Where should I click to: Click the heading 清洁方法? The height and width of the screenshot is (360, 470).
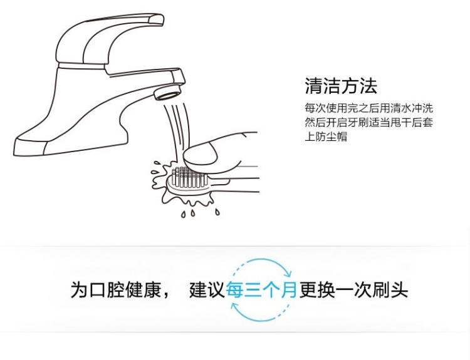click(341, 85)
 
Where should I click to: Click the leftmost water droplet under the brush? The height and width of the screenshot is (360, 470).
click(183, 214)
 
